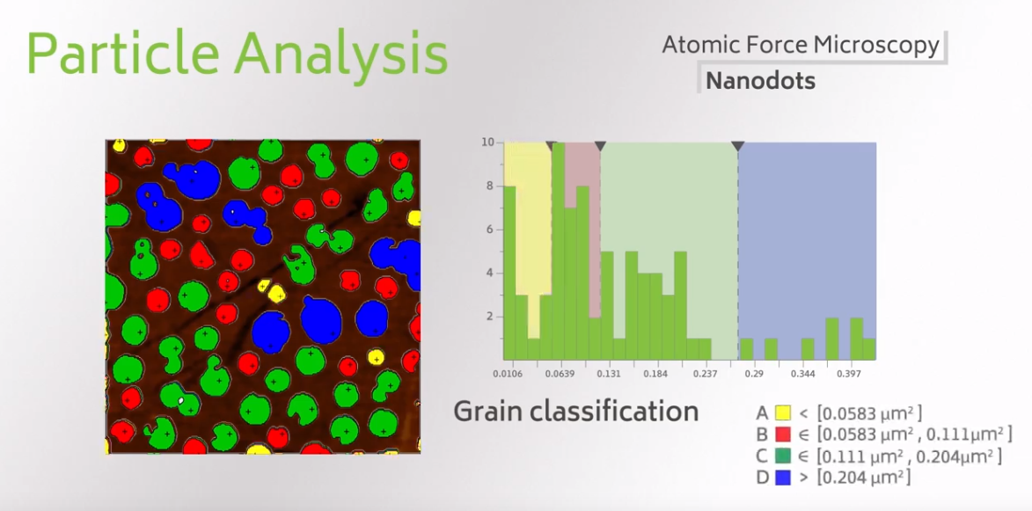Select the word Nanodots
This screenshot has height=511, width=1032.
[760, 81]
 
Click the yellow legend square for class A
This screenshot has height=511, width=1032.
[782, 413]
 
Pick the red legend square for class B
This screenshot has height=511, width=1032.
[782, 434]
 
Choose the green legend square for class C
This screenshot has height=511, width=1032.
[782, 455]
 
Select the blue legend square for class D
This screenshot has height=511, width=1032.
[782, 477]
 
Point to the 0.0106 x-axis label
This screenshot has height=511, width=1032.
[508, 374]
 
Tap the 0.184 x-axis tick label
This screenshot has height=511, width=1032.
[655, 374]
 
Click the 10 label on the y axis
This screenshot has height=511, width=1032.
[487, 142]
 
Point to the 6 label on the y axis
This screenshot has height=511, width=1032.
[490, 230]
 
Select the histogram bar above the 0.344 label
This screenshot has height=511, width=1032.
[808, 348]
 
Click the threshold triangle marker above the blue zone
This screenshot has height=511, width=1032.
[738, 146]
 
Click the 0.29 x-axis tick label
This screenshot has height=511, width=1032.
[754, 374]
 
